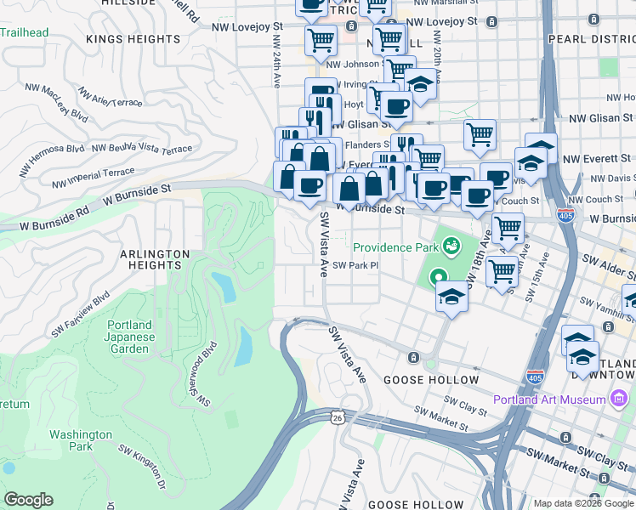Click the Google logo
[x=29, y=500]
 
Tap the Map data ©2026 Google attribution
[x=583, y=503]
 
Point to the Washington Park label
[x=81, y=440]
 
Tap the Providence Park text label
[x=395, y=247]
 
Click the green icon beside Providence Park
[x=451, y=247]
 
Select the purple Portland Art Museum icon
[x=620, y=399]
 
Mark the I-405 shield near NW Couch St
[x=565, y=215]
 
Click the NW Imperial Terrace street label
[x=93, y=177]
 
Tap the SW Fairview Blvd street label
[x=80, y=314]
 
